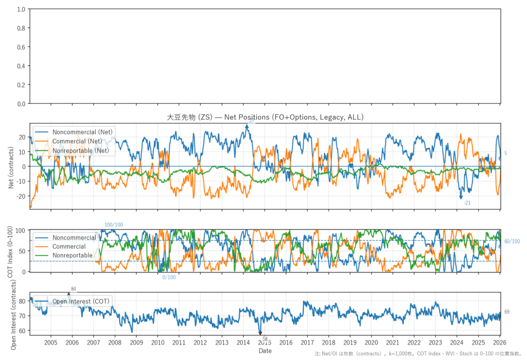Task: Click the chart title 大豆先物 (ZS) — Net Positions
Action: [265, 117]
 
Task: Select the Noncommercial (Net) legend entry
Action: [83, 132]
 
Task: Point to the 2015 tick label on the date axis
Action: [265, 342]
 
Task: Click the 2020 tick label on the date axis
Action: [371, 342]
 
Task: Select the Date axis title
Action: [265, 351]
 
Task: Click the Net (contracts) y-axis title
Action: [11, 166]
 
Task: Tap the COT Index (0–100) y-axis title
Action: [11, 251]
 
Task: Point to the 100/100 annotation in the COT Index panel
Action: [114, 225]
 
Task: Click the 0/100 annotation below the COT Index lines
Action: [169, 278]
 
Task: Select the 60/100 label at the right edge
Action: [512, 242]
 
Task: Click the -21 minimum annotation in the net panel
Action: [467, 203]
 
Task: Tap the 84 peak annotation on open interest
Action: [74, 289]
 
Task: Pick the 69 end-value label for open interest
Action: [507, 312]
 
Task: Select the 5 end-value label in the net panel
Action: [506, 153]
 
